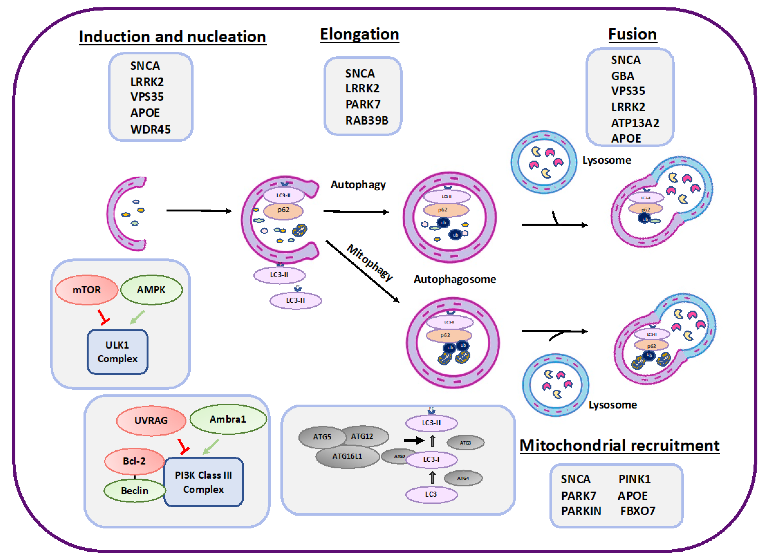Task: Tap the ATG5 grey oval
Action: [x=321, y=437]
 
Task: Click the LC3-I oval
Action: [x=431, y=460]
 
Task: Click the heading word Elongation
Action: [x=359, y=34]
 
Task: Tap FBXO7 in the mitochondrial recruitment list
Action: [x=638, y=511]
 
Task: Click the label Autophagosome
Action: [x=455, y=279]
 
